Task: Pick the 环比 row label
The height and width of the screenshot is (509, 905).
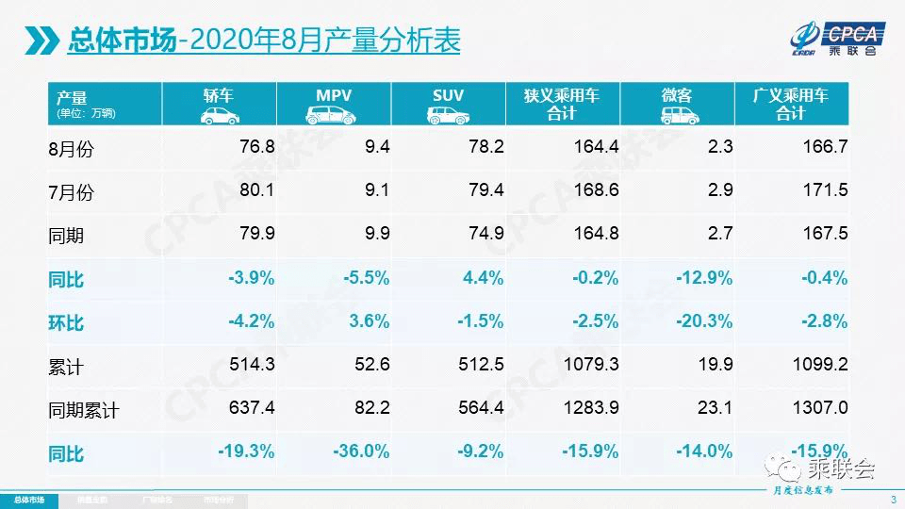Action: pyautogui.click(x=66, y=322)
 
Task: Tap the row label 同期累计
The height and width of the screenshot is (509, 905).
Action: pyautogui.click(x=84, y=410)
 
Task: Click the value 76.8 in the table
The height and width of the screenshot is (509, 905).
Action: pyautogui.click(x=255, y=146)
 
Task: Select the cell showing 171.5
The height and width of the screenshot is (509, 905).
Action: pyautogui.click(x=829, y=190)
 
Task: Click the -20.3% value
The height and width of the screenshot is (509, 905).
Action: pyautogui.click(x=704, y=321)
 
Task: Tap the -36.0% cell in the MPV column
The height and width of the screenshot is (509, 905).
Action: pyautogui.click(x=361, y=452)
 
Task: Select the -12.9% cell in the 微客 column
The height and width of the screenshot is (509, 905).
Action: pyautogui.click(x=704, y=278)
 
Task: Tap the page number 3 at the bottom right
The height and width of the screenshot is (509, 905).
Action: pyautogui.click(x=892, y=500)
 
